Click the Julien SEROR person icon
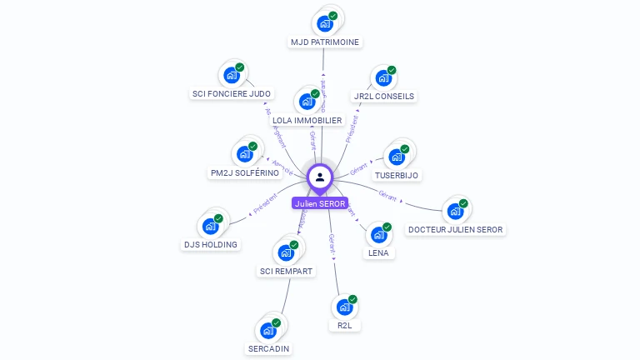pyautogui.click(x=320, y=177)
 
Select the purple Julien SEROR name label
pyautogui.click(x=320, y=203)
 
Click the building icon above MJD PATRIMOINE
pyautogui.click(x=325, y=23)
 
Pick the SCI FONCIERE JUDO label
pyautogui.click(x=232, y=94)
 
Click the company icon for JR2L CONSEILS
pyautogui.click(x=383, y=78)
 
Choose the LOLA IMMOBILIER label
pyautogui.click(x=307, y=121)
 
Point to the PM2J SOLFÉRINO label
pyautogui.click(x=245, y=173)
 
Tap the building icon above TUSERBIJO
pyautogui.click(x=397, y=157)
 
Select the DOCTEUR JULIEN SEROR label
pyautogui.click(x=456, y=229)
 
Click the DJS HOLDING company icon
pyautogui.click(x=210, y=226)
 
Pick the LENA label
pyautogui.click(x=378, y=252)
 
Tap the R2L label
pyautogui.click(x=345, y=325)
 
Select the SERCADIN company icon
pyautogui.click(x=268, y=330)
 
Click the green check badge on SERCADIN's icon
pyautogui.click(x=277, y=322)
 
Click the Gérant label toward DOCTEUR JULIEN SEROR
pyautogui.click(x=387, y=196)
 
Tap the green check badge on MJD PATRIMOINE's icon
pyautogui.click(x=333, y=16)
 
